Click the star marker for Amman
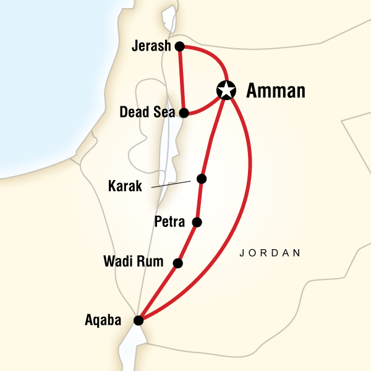pyautogui.click(x=227, y=91)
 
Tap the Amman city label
pyautogui.click(x=276, y=92)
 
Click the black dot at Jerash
pyautogui.click(x=180, y=46)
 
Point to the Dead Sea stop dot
pyautogui.click(x=184, y=113)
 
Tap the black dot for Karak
pyautogui.click(x=201, y=179)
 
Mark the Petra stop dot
pyautogui.click(x=197, y=222)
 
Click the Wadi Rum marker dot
pyautogui.click(x=178, y=263)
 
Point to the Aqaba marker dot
pyautogui.click(x=139, y=320)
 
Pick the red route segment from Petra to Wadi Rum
pyautogui.click(x=188, y=242)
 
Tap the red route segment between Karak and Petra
pyautogui.click(x=198, y=200)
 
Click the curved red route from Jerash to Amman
pyautogui.click(x=214, y=57)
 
